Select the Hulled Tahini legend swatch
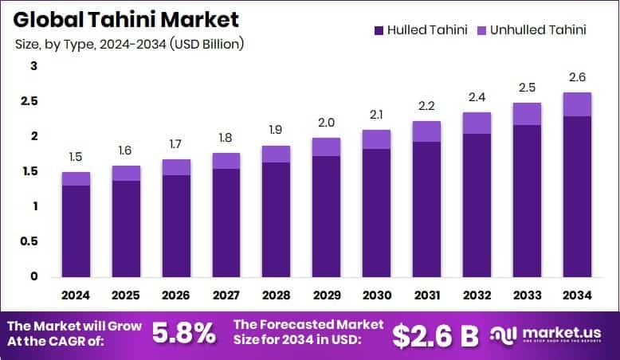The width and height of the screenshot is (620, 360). coord(377,30)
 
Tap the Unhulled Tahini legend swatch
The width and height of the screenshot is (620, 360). coord(481,30)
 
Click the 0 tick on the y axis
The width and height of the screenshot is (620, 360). coord(34,276)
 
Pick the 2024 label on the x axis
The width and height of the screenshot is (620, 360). coord(76,295)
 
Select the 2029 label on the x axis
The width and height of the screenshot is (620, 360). coord(326,295)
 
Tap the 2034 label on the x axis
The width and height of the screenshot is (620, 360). coord(577,295)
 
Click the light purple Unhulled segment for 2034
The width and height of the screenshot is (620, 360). coord(577,104)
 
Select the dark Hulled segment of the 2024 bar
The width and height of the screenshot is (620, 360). coord(76,231)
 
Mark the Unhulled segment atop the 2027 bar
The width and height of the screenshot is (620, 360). coord(226,161)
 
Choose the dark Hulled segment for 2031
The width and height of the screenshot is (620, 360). coord(426,209)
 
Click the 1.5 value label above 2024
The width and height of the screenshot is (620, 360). coord(76,157)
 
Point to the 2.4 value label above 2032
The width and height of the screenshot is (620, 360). coord(477,97)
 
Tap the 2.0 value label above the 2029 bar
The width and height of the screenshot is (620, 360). coord(326,123)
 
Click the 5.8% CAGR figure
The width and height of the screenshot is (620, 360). coord(184,333)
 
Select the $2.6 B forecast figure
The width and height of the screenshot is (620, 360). coord(436,335)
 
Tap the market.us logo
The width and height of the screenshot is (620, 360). coord(550,335)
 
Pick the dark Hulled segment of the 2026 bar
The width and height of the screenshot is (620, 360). coord(176,225)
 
